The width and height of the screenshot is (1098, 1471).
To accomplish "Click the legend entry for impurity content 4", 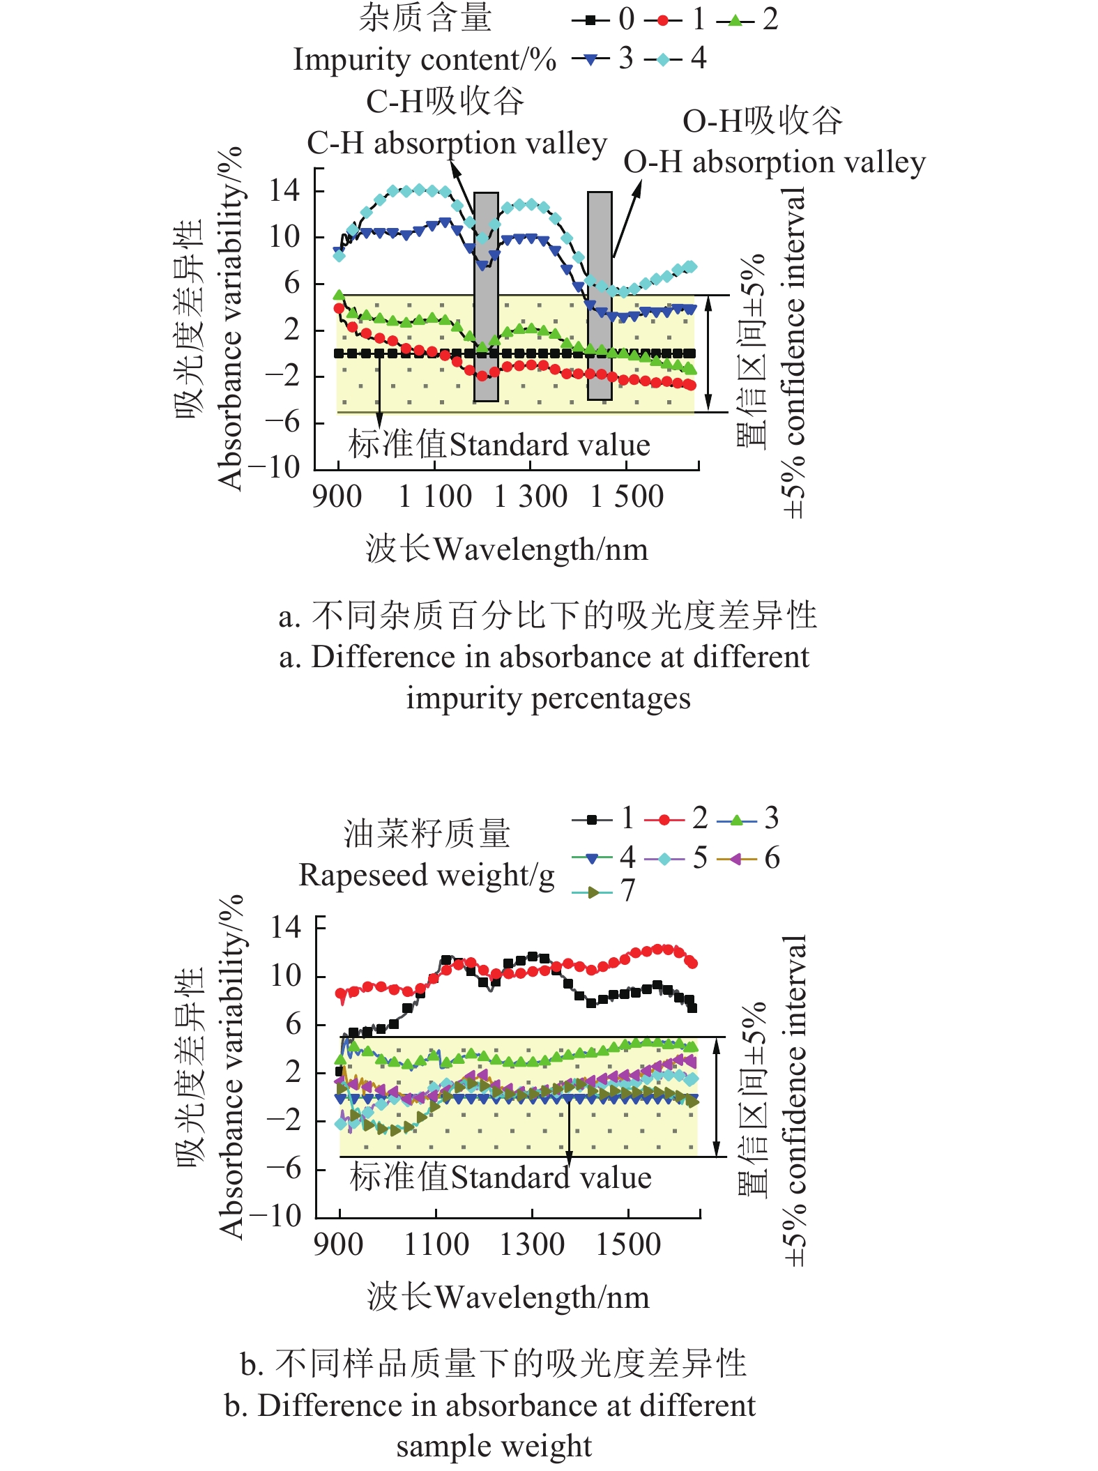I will point(675,59).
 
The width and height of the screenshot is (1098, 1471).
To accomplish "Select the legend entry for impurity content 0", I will point(604,20).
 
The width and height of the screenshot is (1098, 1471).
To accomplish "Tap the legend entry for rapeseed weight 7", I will point(604,891).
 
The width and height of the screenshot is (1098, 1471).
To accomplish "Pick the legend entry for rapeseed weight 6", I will point(749,858).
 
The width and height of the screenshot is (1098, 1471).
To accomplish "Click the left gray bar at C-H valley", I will point(486,296).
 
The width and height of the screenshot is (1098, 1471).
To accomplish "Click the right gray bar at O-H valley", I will point(600,296).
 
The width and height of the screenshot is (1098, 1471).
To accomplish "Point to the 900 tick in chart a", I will point(337,496).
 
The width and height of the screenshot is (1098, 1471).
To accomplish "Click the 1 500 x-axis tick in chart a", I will point(627,496).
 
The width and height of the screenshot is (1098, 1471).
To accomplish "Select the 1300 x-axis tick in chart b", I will point(532,1244).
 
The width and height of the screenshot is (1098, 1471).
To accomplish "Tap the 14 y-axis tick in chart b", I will point(286,927).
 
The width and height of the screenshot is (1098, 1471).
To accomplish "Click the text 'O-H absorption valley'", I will point(775,162).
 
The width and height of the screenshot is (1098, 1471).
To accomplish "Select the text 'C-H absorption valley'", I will point(457,144).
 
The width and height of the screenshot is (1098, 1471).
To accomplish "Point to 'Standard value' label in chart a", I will point(549,445).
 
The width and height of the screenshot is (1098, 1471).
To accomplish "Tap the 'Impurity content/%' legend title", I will point(425,60).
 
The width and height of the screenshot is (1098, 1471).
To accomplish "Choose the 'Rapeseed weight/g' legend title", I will point(427,875).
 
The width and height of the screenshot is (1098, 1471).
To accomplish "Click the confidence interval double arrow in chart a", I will point(708,353).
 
